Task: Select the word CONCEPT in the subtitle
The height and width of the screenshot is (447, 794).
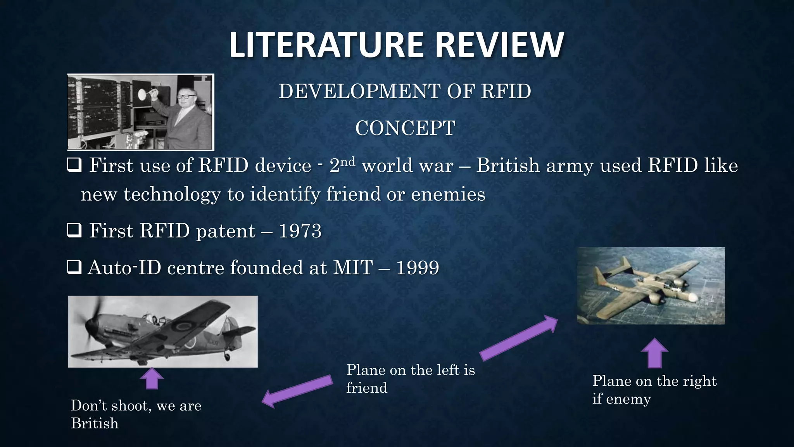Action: [405, 128]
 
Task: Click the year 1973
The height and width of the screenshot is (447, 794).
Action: [300, 231]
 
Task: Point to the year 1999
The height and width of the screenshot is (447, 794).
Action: [418, 268]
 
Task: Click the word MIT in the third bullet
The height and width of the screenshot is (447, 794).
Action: [353, 268]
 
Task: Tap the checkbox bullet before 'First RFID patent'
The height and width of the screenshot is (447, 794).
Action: [74, 231]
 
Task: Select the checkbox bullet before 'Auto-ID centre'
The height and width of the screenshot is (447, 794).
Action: [74, 268]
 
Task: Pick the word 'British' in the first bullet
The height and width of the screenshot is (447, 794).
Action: [507, 166]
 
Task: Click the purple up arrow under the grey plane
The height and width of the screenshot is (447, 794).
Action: [152, 378]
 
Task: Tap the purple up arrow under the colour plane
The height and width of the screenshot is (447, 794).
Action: [654, 353]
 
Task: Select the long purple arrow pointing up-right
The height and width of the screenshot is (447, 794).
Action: [519, 337]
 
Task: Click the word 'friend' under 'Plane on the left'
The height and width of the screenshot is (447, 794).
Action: [366, 388]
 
